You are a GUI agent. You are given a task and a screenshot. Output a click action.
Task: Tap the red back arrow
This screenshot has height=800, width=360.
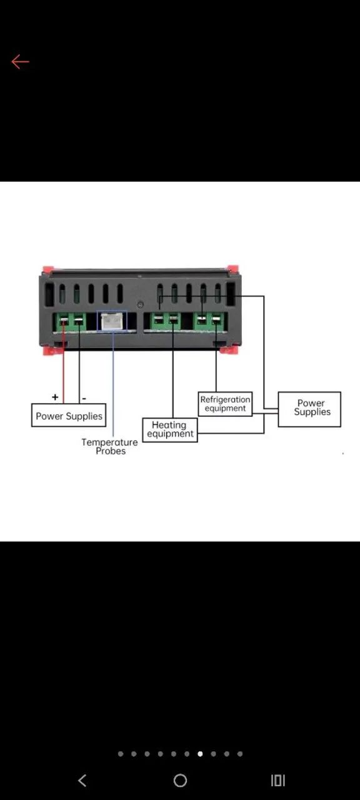click(x=20, y=62)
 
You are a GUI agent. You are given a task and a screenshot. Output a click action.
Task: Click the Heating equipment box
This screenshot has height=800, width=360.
click(x=170, y=429)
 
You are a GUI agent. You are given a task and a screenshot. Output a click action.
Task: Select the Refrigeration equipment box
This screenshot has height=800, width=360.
click(x=226, y=404)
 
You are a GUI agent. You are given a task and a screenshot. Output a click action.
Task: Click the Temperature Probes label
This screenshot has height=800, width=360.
click(x=109, y=446)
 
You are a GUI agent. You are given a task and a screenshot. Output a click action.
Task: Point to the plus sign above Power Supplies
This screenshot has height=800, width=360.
click(x=55, y=397)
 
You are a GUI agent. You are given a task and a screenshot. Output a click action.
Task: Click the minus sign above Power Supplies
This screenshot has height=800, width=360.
click(x=84, y=398)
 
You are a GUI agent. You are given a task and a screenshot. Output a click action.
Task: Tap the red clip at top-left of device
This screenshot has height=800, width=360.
click(x=48, y=269)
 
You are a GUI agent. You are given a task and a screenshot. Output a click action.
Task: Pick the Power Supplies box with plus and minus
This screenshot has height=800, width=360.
click(x=69, y=415)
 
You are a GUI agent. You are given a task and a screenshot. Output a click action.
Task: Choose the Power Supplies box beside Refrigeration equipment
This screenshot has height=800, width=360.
click(x=309, y=409)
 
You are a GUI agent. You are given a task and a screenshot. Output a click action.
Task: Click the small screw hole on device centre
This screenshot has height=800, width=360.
click(x=141, y=304)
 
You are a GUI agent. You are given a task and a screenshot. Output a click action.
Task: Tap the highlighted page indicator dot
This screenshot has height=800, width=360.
click(x=200, y=754)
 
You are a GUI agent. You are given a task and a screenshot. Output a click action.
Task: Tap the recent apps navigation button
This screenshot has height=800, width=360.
click(x=278, y=781)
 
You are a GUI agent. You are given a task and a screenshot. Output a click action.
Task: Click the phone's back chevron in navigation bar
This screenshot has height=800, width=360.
click(x=82, y=781)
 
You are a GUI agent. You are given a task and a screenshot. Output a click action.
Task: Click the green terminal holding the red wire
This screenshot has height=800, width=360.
click(x=64, y=321)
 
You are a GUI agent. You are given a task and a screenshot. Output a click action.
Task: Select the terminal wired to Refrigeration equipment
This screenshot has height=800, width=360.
click(x=216, y=321)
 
